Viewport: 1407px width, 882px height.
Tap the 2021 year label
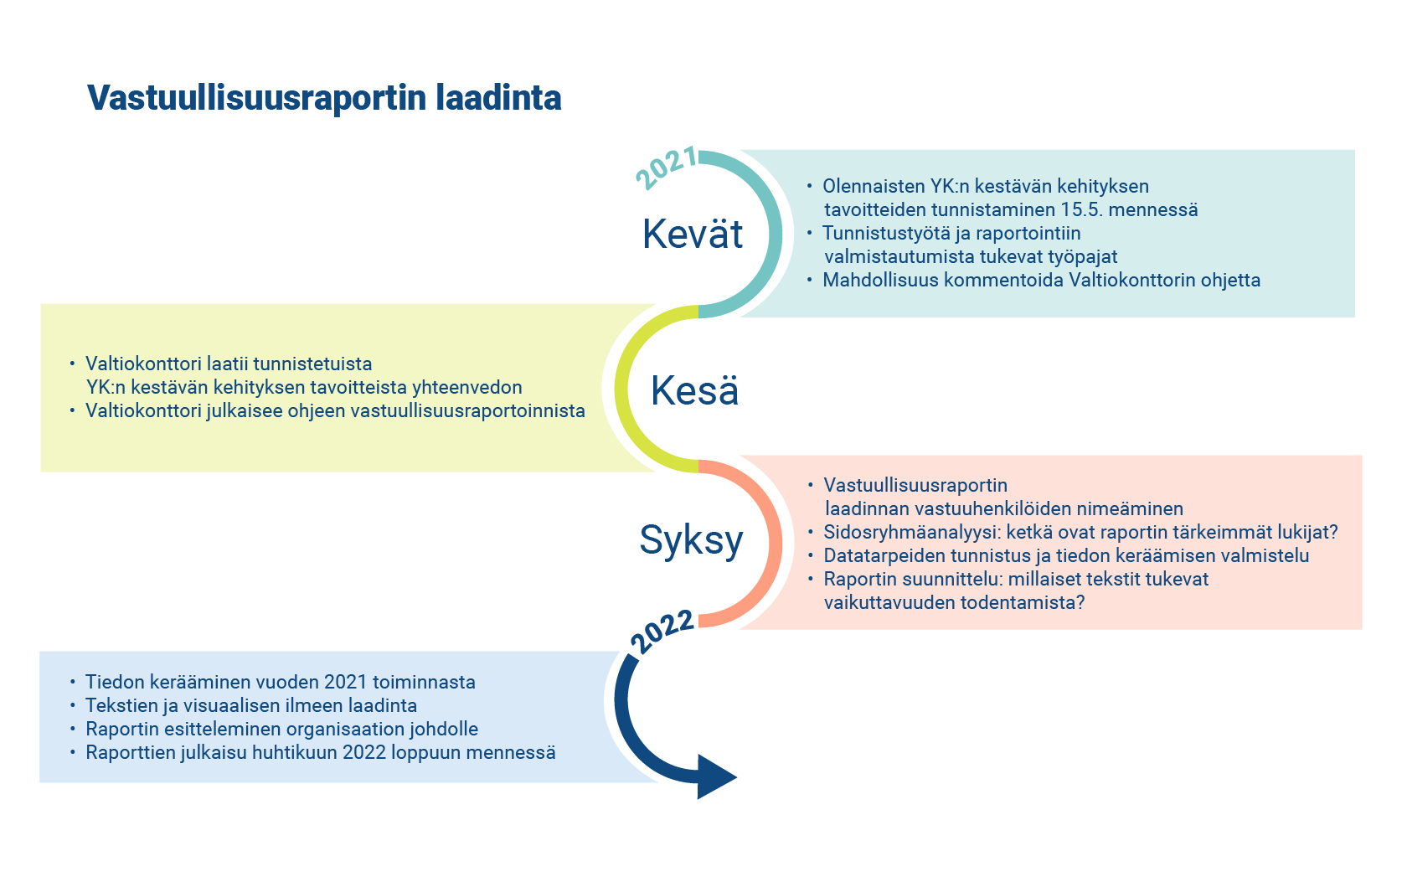[666, 168]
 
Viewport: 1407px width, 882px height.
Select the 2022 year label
[662, 632]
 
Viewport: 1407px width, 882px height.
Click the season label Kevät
[693, 234]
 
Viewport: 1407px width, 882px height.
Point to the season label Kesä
[695, 390]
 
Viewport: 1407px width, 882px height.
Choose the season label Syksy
[691, 540]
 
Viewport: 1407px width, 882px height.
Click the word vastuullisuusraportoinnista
[467, 410]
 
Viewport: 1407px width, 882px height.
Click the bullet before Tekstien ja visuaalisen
[73, 706]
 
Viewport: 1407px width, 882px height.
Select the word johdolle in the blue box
[444, 729]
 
